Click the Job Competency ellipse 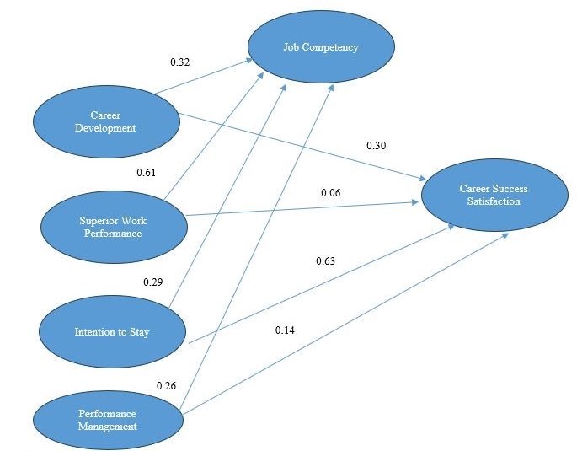coord(320,47)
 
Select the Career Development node coord(106,121)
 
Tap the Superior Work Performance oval coord(114,227)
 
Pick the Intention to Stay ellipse coord(112,331)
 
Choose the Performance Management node coord(107,420)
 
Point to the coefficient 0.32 coord(181,62)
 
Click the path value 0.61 coord(147,174)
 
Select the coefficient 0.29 coord(153,281)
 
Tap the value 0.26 coord(168,386)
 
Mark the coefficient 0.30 coord(376,146)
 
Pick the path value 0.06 coord(331,193)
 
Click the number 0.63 coord(326,260)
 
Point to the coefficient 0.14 coord(286,329)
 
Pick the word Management coord(107,427)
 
